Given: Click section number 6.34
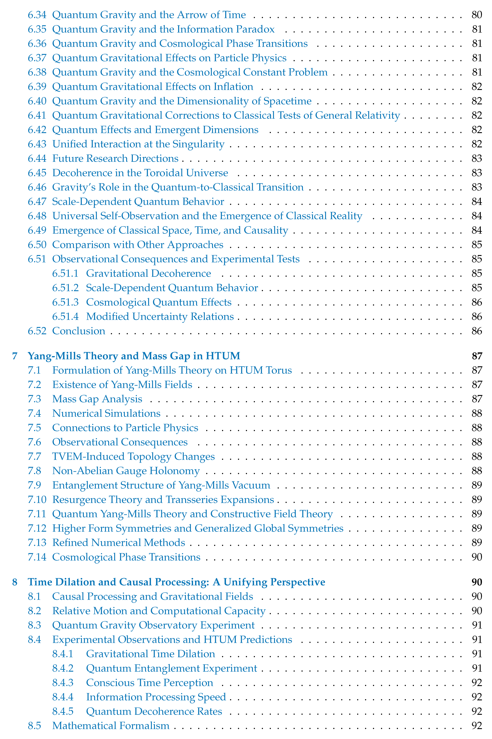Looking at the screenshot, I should pos(37,15).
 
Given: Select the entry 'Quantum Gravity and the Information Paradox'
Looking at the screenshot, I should pos(163,29).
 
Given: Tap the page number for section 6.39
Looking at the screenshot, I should pos(477,87).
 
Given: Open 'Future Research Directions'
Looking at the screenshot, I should pos(115,158).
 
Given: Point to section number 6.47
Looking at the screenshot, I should pos(37,201).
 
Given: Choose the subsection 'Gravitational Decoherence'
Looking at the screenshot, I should pos(148,273).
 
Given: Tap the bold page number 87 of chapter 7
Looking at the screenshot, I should pos(477,356).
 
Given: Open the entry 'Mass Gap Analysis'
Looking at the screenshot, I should pos(97,399).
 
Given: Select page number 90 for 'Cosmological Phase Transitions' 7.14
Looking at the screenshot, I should pos(477,557).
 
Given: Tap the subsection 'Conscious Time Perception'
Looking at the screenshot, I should pos(150,682).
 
